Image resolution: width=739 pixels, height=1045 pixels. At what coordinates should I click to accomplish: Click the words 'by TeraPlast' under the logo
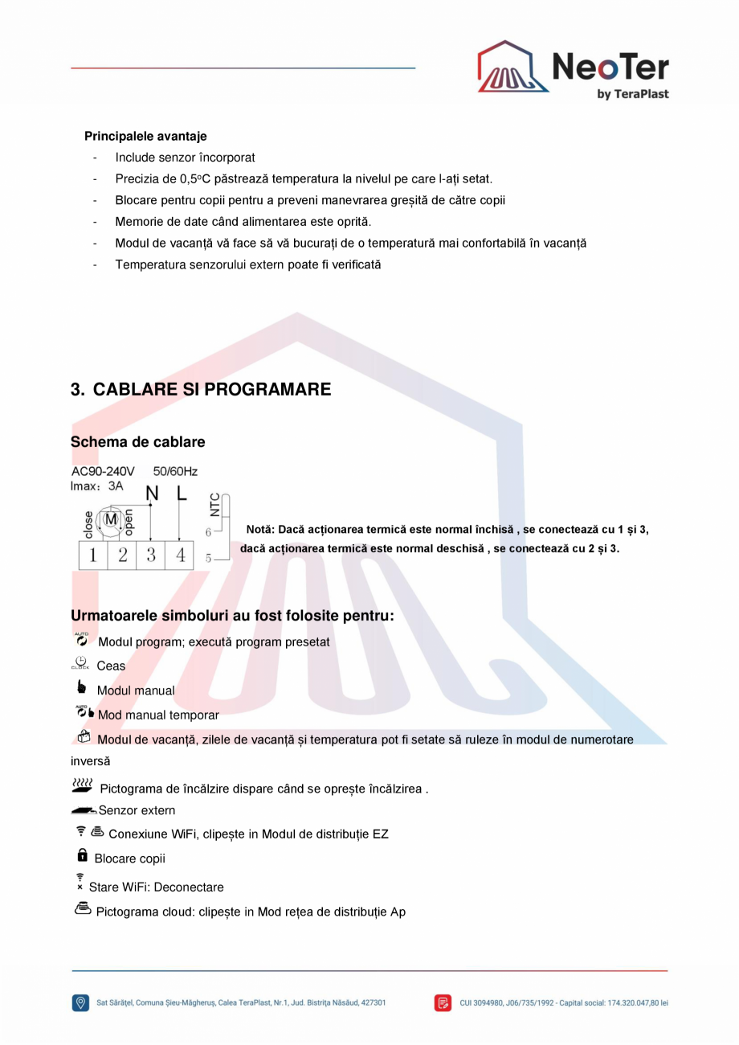coord(632,94)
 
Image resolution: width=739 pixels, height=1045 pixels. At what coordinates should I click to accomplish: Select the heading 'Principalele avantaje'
coord(145,137)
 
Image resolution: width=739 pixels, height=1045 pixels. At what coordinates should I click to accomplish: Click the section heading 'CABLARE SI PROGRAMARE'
coord(211,390)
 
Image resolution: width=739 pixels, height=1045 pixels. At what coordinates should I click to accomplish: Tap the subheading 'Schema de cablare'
coord(137,442)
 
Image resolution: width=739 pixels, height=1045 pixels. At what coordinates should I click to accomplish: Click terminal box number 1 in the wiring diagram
coord(93,555)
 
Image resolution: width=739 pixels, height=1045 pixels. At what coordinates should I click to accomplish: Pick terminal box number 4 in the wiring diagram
coord(180,555)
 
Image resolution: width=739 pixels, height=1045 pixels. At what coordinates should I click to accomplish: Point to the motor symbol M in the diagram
coord(112,520)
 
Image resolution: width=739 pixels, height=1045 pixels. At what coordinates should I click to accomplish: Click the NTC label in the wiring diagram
coord(214,505)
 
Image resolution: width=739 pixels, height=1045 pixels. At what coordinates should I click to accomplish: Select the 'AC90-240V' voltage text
coord(103,471)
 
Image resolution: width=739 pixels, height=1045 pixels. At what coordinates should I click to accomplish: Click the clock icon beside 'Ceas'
coord(80,663)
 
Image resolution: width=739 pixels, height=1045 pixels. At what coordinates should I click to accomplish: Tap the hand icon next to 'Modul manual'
coord(81,687)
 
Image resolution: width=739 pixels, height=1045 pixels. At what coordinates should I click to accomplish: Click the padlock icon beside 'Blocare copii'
coord(82,856)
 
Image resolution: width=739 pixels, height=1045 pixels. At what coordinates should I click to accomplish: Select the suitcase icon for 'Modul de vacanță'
coord(84,736)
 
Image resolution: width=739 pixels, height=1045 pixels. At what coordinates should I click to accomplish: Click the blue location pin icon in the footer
coord(80,1002)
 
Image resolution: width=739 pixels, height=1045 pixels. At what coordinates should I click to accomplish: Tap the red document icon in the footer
coord(443,1002)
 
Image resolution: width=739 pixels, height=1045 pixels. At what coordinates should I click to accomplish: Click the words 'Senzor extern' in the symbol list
coord(137,810)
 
